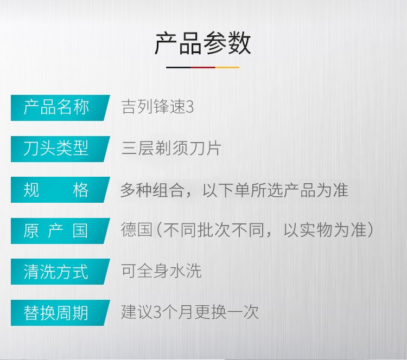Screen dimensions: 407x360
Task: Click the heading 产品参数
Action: (x=202, y=43)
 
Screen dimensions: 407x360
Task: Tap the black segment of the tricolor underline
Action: (x=179, y=67)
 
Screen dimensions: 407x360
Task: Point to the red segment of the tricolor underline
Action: (x=203, y=67)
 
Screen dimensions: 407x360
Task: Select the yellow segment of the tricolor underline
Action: (x=227, y=67)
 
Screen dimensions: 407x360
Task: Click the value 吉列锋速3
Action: (x=157, y=107)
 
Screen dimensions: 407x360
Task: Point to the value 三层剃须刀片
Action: (x=171, y=148)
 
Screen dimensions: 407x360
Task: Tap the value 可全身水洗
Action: (x=161, y=271)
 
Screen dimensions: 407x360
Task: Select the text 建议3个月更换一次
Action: (x=190, y=312)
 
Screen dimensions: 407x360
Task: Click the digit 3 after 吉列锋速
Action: (x=190, y=107)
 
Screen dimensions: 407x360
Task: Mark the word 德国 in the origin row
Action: (x=137, y=230)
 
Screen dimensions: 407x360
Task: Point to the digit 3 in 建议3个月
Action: (x=157, y=312)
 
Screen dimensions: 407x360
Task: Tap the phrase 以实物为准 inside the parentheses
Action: (x=325, y=230)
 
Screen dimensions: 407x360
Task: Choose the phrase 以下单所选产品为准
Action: (x=275, y=190)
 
